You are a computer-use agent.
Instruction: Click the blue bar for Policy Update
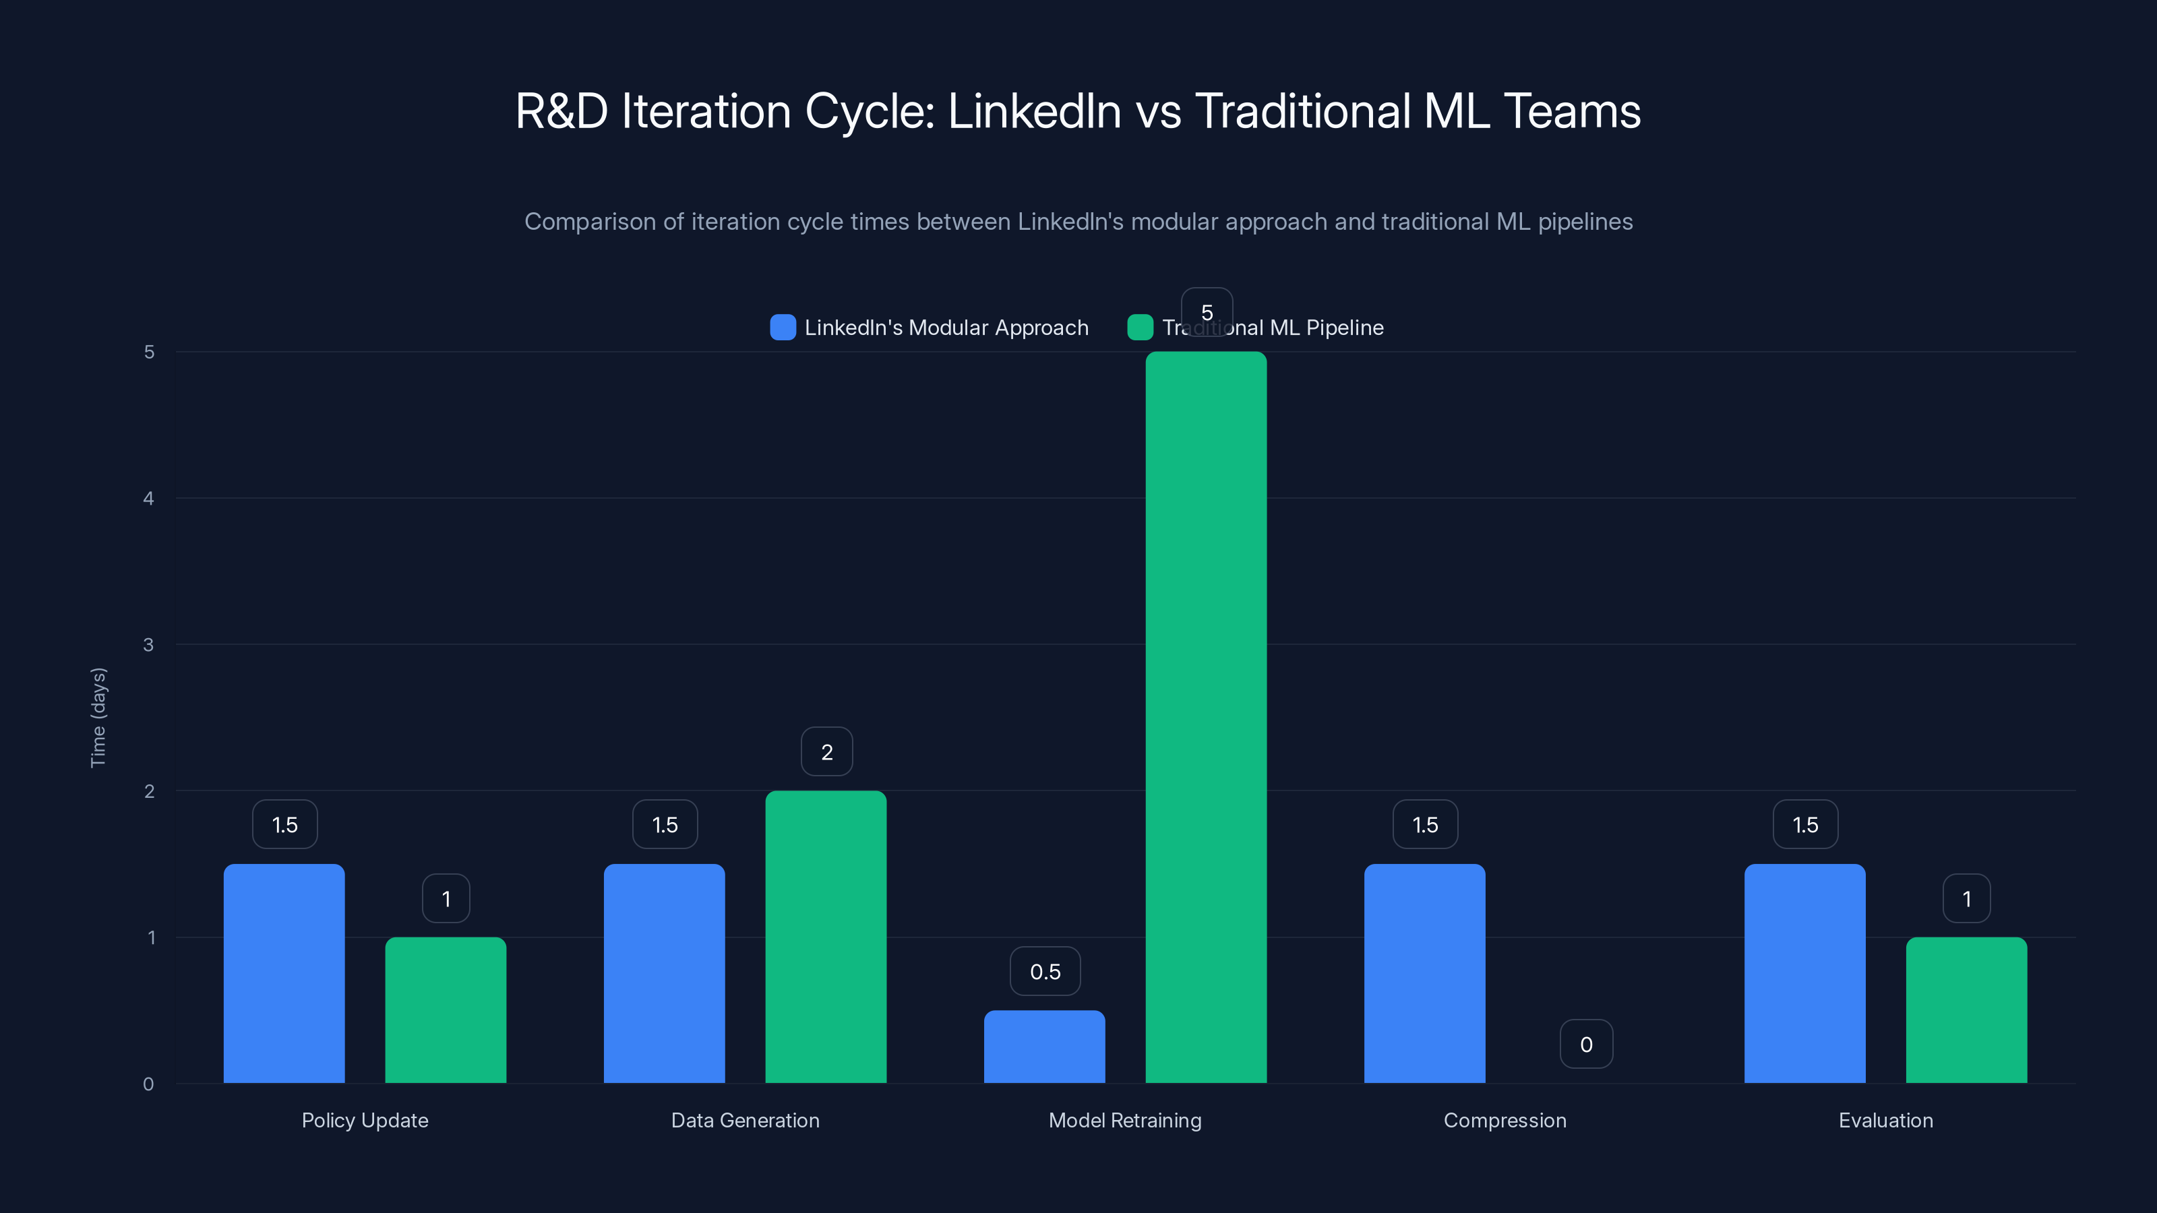[x=284, y=974]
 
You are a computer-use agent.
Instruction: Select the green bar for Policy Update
[x=446, y=1009]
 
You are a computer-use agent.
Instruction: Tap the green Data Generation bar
[x=826, y=937]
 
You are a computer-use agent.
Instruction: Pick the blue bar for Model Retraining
[x=1044, y=1047]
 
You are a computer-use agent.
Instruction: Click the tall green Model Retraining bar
[x=1206, y=718]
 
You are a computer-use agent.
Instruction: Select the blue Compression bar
[x=1424, y=974]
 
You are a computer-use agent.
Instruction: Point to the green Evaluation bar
[x=1966, y=1009]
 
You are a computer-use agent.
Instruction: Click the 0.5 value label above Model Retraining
[x=1045, y=971]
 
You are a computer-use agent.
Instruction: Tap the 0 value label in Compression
[x=1586, y=1044]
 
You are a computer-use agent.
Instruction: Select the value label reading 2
[x=826, y=752]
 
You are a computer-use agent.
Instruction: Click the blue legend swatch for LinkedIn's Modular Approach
[x=783, y=328]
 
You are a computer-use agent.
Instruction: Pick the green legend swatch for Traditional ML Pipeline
[x=1141, y=328]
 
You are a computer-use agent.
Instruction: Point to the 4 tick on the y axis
[x=149, y=499]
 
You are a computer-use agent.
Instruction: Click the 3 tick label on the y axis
[x=149, y=645]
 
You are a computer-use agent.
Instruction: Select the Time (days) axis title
[x=98, y=718]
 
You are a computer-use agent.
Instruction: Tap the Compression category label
[x=1505, y=1120]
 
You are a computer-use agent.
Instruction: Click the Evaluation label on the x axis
[x=1886, y=1120]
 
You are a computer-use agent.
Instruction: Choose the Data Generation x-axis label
[x=746, y=1120]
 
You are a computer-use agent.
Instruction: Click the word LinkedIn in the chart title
[x=1034, y=111]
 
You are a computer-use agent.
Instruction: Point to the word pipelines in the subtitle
[x=1585, y=222]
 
